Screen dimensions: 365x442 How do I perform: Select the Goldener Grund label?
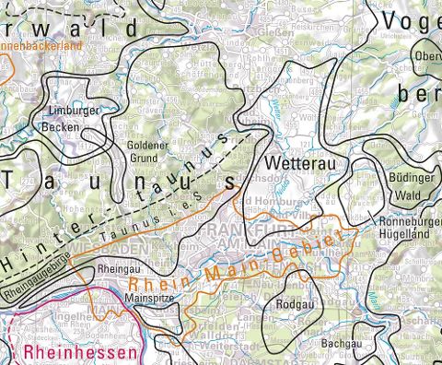point(146,151)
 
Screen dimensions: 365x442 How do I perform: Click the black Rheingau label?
point(118,270)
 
